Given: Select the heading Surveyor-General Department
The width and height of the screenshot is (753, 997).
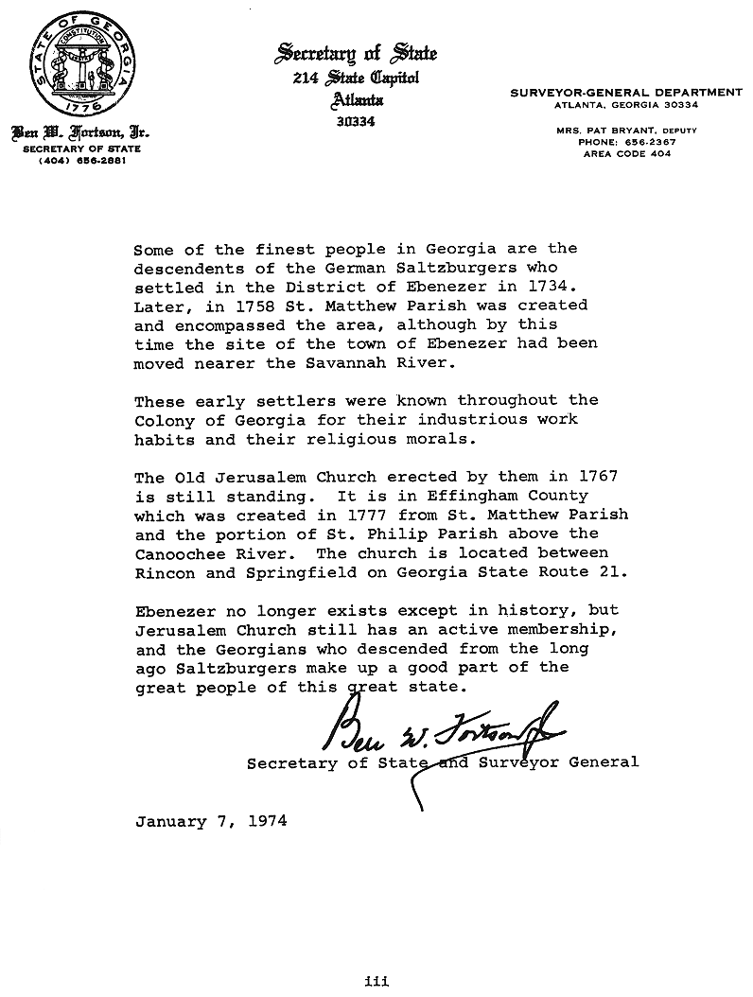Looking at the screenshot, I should [625, 92].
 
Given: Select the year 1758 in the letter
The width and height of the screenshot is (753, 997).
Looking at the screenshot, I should [258, 306].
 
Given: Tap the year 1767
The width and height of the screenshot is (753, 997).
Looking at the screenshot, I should [599, 477].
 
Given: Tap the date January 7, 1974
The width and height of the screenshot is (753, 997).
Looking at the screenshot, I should [211, 821].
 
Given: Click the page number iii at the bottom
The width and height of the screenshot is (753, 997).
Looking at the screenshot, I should [376, 981].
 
